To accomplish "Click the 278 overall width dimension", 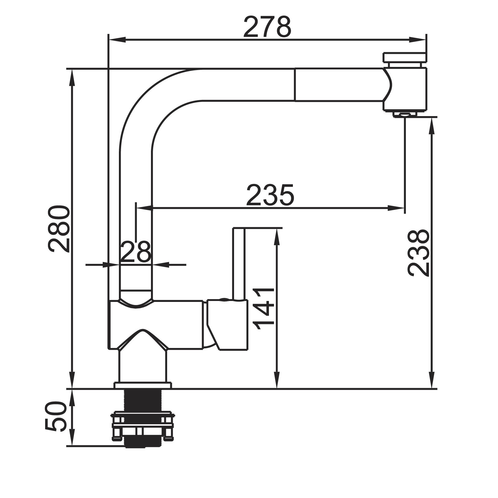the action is tap(267, 27).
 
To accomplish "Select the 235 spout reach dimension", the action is tap(270, 195).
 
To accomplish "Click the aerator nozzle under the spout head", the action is tap(405, 115).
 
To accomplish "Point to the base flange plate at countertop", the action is tap(143, 385).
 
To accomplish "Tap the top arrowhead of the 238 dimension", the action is tap(432, 126).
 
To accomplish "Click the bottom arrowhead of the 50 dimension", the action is tap(72, 437).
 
